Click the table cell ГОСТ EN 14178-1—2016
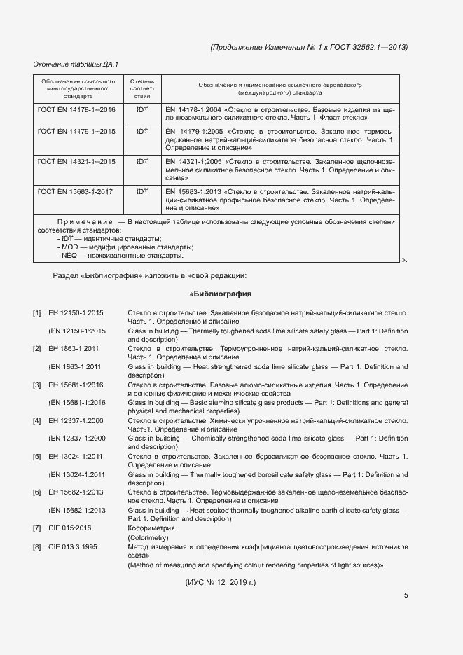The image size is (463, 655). tap(76, 110)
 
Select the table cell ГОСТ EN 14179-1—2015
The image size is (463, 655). tap(76, 131)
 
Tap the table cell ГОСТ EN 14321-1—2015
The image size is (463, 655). tap(76, 161)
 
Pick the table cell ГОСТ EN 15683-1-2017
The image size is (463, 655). tap(76, 191)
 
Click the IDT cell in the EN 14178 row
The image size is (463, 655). tap(142, 110)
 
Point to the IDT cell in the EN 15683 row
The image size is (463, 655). tap(142, 191)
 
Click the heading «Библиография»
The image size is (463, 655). tap(220, 294)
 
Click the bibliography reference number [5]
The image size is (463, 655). tap(37, 456)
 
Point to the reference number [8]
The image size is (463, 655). tap(37, 546)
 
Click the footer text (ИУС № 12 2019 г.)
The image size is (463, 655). tap(221, 582)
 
